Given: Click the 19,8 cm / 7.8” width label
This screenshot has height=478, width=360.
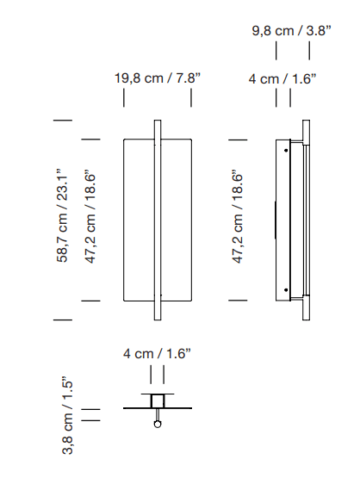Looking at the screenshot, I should point(158,78).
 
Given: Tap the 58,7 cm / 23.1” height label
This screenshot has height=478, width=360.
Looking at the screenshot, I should point(62,215).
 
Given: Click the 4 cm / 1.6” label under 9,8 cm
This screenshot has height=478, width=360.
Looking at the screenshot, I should point(282,78).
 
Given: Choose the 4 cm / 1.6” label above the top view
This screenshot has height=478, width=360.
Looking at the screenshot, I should point(157,353).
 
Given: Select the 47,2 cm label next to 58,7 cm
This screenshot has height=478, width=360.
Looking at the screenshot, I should point(90,215).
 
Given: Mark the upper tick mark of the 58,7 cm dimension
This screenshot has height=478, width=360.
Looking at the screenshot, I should point(63,121).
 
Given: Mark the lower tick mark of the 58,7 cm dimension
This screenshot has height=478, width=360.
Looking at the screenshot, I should point(63,320).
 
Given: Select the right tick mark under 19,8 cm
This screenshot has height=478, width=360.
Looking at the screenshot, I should point(191,98).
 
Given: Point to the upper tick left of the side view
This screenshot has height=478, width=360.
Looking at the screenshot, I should point(239,139).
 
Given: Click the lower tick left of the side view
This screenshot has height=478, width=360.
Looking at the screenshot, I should point(239,301).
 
